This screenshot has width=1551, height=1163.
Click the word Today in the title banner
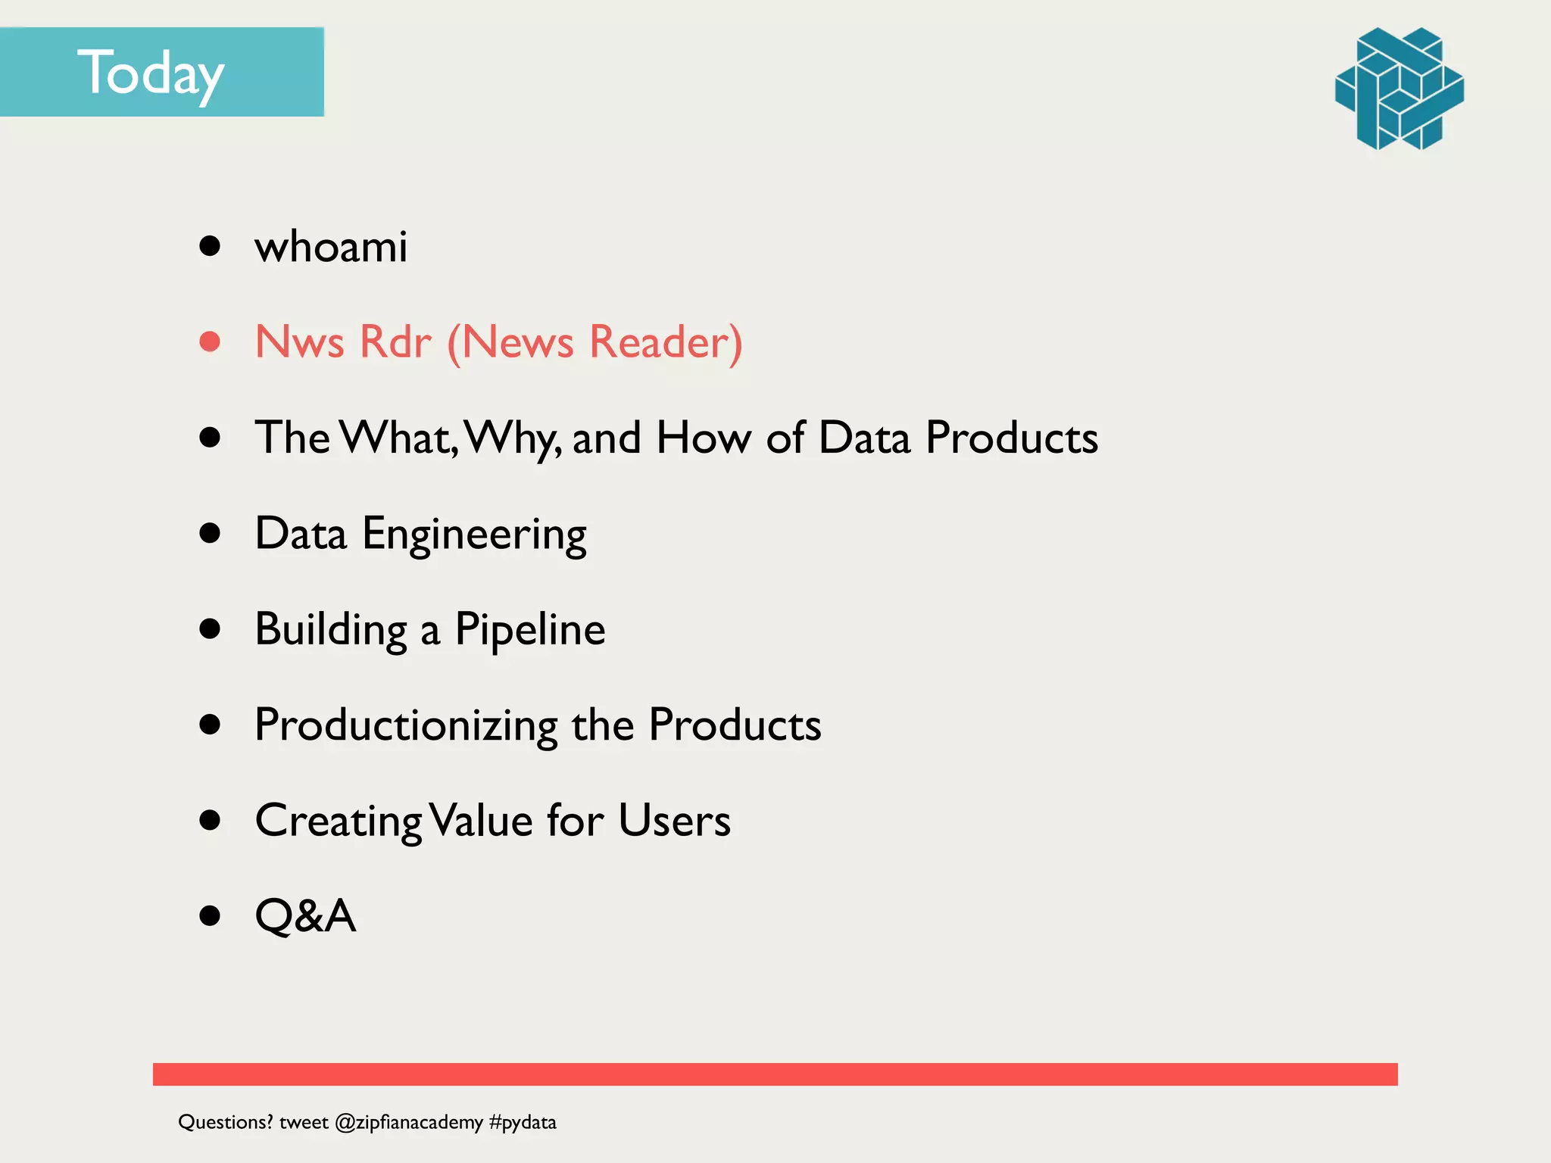(151, 74)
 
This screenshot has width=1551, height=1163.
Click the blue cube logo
(1399, 89)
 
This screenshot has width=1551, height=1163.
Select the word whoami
(331, 247)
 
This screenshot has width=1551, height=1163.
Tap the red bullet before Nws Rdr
(210, 341)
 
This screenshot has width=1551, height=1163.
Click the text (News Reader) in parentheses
(594, 343)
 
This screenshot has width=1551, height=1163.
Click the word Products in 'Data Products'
(1012, 438)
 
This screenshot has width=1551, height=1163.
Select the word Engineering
(474, 535)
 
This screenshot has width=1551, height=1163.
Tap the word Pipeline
(529, 630)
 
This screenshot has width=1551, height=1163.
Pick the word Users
(674, 821)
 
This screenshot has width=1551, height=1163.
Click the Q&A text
(305, 916)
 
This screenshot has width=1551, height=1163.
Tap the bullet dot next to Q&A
(210, 916)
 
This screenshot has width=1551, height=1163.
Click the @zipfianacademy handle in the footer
(409, 1122)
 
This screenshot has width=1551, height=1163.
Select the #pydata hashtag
(523, 1122)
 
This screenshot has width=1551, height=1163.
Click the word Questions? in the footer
(226, 1122)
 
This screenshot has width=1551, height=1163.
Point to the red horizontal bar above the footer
(775, 1074)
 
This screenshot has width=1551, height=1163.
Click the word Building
(331, 630)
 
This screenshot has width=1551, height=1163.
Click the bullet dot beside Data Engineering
(210, 533)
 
